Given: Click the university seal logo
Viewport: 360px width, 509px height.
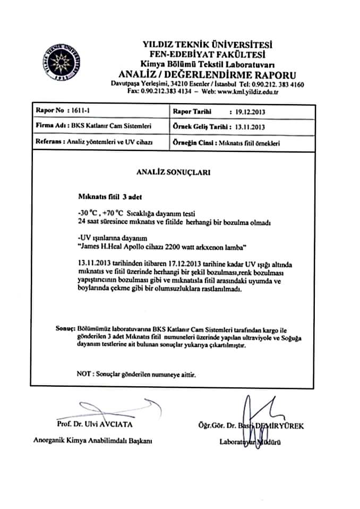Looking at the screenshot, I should click(63, 63).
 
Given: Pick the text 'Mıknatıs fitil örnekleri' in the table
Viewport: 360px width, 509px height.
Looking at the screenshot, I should click(250, 143).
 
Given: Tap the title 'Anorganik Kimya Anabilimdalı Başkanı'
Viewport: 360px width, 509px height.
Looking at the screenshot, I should click(93, 441).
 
